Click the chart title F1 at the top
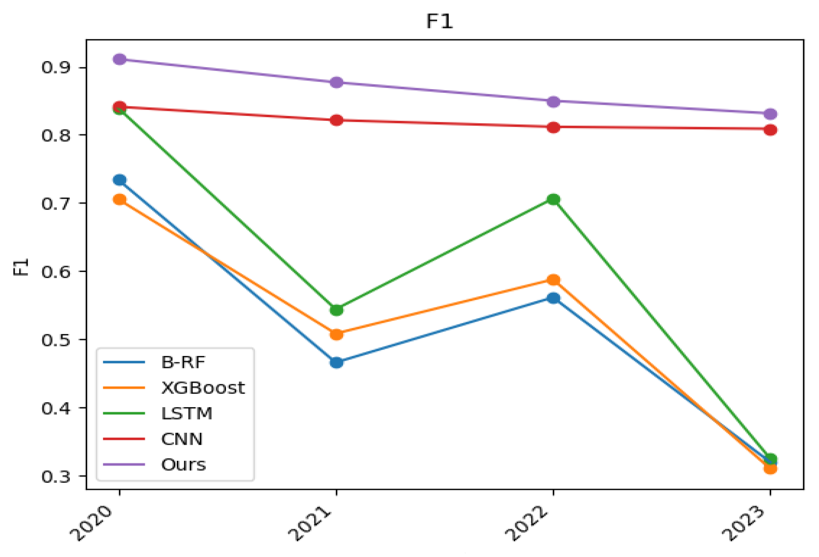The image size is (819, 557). (x=440, y=21)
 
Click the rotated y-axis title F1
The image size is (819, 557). (x=21, y=267)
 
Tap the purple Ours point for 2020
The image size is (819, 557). (x=120, y=59)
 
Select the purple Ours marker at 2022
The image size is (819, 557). (x=553, y=101)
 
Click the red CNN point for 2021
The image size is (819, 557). (x=337, y=120)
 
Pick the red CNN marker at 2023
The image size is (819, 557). (x=770, y=130)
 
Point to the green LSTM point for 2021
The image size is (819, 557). (x=337, y=309)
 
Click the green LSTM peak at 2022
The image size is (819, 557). (x=553, y=200)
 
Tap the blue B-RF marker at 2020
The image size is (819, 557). (x=120, y=180)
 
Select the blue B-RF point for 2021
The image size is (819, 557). (x=337, y=363)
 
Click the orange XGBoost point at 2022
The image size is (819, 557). (x=553, y=280)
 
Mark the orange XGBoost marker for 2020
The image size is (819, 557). (x=120, y=200)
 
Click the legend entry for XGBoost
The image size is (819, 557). (x=202, y=388)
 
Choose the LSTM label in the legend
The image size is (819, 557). (x=186, y=413)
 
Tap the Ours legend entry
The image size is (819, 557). (x=183, y=465)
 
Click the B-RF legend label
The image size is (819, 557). (x=183, y=362)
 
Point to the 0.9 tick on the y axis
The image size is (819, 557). (x=56, y=67)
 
